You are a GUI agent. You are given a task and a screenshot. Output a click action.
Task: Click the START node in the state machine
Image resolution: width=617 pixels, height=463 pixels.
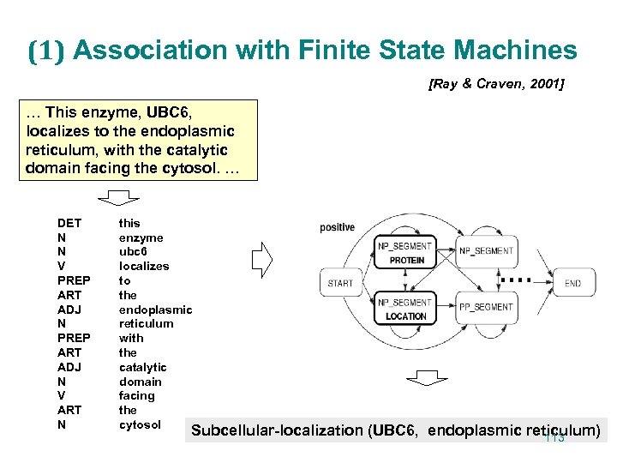[340, 283]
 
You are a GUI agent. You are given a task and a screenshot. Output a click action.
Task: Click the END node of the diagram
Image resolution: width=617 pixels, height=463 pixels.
[572, 283]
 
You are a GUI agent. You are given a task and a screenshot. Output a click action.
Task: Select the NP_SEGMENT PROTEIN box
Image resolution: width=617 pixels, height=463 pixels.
[406, 254]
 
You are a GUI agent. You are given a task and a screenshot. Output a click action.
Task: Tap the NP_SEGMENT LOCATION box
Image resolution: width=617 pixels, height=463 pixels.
[406, 310]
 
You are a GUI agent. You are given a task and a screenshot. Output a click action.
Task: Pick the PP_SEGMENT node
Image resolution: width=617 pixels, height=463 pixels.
[487, 307]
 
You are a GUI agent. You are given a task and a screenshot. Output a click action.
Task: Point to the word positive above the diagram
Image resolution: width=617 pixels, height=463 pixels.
[338, 227]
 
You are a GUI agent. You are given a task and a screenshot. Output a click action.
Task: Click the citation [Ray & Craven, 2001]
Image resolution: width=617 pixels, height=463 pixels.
[494, 85]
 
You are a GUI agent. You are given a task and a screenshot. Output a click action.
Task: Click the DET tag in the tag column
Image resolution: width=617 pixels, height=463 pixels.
[69, 223]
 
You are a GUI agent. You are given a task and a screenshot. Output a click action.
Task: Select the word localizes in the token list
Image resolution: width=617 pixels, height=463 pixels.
[144, 266]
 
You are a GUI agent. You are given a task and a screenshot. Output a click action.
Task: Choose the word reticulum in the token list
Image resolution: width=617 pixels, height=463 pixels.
[146, 323]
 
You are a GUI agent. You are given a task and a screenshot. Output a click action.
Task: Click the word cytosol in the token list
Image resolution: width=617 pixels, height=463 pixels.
[140, 424]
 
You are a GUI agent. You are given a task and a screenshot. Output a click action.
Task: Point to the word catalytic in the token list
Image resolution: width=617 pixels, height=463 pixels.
[142, 367]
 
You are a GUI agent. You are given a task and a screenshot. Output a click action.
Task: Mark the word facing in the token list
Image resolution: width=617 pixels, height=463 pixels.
[137, 395]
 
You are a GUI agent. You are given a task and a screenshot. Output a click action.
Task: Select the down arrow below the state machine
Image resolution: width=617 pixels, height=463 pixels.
[422, 380]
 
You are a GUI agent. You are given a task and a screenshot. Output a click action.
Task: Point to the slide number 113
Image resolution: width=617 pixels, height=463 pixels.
[554, 438]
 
